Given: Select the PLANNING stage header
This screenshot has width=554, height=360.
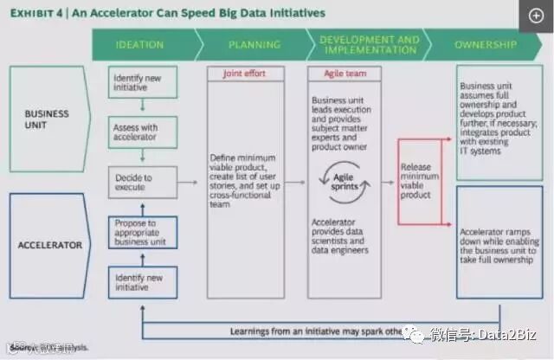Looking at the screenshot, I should (254, 44).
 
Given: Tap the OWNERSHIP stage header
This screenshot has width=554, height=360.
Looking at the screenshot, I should (486, 44).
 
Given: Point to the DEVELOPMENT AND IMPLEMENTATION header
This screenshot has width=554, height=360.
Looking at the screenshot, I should (370, 44).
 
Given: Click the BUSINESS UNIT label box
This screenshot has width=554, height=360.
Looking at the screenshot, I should (47, 119).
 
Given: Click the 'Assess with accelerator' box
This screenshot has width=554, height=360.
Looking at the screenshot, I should (142, 132).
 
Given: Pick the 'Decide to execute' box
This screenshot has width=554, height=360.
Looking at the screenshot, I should (142, 183).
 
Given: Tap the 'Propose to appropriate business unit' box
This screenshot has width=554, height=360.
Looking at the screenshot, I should (142, 233).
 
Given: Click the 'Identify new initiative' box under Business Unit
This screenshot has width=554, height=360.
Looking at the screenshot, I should (142, 83).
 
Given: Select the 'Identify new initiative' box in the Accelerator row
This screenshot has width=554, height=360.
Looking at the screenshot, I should (142, 282).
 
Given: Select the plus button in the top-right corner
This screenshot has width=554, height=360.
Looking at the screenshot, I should (535, 16).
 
